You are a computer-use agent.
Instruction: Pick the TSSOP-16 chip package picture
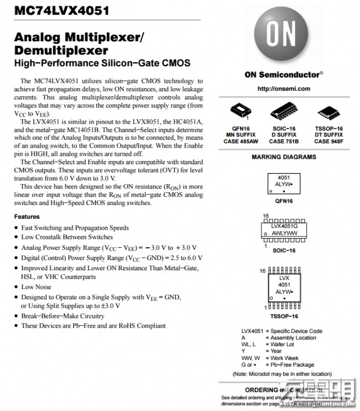pos(328,112)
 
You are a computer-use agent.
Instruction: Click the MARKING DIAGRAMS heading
pos(284,157)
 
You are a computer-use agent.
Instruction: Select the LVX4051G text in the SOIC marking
pos(284,227)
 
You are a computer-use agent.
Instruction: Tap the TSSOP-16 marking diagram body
pos(284,289)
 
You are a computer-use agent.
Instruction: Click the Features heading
pos(27,217)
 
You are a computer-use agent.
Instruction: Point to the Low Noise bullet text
pos(36,287)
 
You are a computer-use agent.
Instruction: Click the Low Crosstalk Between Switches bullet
pos(67,237)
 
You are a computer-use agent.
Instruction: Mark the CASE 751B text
pos(284,142)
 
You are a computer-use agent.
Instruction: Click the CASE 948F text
pos(329,142)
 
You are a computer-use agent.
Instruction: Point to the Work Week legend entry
pos(284,358)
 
